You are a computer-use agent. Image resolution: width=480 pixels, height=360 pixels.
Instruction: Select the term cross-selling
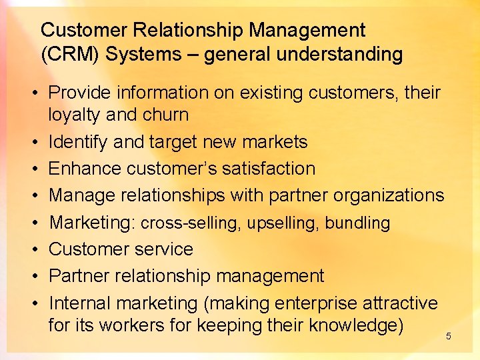click(191, 223)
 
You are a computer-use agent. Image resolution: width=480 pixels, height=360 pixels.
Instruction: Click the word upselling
click(283, 223)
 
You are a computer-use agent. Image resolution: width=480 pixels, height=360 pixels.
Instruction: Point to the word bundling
click(357, 223)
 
